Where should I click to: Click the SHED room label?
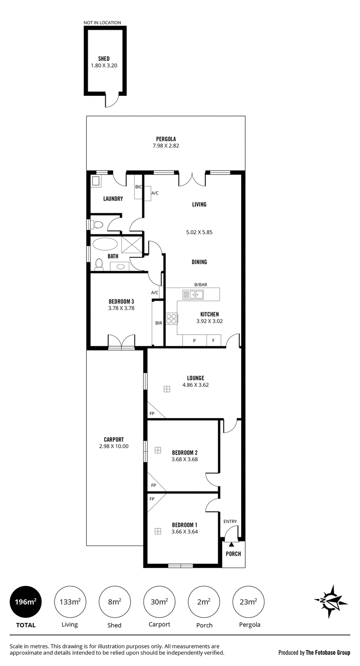[104, 59]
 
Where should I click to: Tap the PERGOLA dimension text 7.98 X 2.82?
[166, 146]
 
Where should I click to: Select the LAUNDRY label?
[113, 198]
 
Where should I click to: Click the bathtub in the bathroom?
[105, 244]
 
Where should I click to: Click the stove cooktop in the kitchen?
[171, 319]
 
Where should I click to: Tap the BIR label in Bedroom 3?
[158, 323]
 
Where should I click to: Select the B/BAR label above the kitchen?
[201, 284]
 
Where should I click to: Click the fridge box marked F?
[213, 341]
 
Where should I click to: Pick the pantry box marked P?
[194, 341]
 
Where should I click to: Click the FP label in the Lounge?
[152, 414]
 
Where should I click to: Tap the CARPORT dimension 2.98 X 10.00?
[114, 446]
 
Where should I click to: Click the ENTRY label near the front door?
[230, 521]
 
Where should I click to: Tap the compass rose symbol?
[331, 602]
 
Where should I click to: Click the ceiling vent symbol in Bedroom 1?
[158, 531]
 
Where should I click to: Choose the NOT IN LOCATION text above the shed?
[102, 22]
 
